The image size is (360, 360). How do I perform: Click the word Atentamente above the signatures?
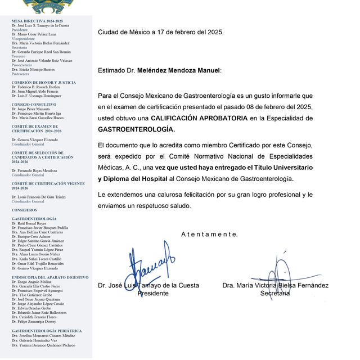[x=209, y=234]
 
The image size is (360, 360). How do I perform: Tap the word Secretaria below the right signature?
[x=275, y=294]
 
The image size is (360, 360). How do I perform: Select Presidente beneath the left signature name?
[x=153, y=294]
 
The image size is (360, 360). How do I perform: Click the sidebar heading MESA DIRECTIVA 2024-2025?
[x=37, y=21]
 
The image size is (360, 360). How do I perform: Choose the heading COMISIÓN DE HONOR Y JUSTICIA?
[x=43, y=82]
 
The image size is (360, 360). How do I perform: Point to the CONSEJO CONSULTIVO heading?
[x=34, y=104]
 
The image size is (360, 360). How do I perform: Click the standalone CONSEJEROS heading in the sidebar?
[x=25, y=210]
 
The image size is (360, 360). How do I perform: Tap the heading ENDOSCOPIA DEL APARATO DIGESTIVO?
[x=49, y=277]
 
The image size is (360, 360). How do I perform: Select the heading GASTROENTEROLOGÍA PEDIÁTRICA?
[x=46, y=331]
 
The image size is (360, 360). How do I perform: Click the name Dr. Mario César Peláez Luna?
[x=39, y=34]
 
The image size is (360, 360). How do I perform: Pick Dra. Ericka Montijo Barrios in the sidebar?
[x=33, y=69]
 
